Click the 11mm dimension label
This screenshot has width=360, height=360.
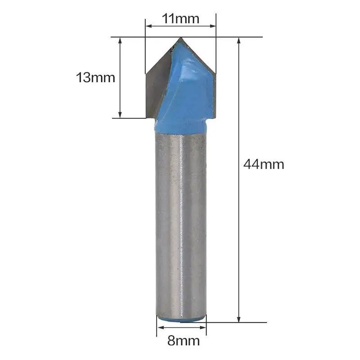(180, 19)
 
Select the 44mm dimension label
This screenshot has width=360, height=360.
(264, 164)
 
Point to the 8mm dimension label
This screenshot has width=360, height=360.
(183, 341)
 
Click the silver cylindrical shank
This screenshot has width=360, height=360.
(180, 225)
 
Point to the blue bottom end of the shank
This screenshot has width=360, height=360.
(181, 318)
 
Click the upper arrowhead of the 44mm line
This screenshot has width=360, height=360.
(238, 40)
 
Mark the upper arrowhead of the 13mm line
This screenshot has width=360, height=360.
(120, 40)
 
